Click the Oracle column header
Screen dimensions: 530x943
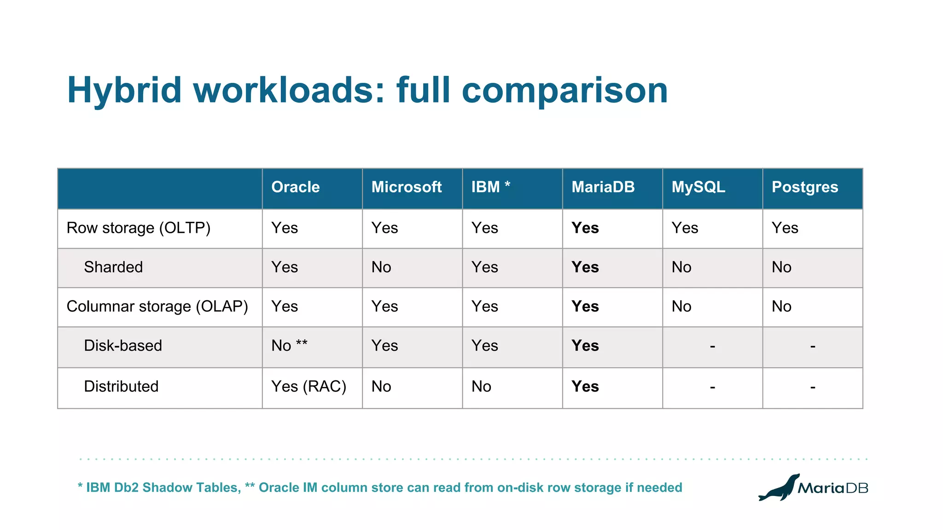pyautogui.click(x=295, y=187)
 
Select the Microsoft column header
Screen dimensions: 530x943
pyautogui.click(x=406, y=187)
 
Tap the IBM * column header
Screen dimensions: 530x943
pyautogui.click(x=490, y=187)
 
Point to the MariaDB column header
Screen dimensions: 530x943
pyautogui.click(x=603, y=187)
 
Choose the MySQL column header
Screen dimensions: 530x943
pyautogui.click(x=698, y=187)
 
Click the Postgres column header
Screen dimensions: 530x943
pyautogui.click(x=804, y=187)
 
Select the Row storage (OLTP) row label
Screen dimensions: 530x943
pyautogui.click(x=138, y=228)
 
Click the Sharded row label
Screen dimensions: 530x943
pyautogui.click(x=113, y=267)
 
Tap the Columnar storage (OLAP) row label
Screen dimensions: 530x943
pyautogui.click(x=157, y=306)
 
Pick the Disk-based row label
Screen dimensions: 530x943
pyautogui.click(x=123, y=346)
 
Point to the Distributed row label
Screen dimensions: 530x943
pyautogui.click(x=121, y=386)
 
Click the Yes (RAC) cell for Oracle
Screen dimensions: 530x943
pyautogui.click(x=309, y=386)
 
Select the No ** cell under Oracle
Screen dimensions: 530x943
pyautogui.click(x=289, y=346)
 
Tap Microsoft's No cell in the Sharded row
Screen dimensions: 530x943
pyautogui.click(x=381, y=267)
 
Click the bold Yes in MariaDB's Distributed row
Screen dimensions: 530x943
pyautogui.click(x=585, y=386)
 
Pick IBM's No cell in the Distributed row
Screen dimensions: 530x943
pyautogui.click(x=481, y=386)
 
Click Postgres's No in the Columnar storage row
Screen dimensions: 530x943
pyautogui.click(x=781, y=306)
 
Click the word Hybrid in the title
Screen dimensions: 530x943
pyautogui.click(x=124, y=90)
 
